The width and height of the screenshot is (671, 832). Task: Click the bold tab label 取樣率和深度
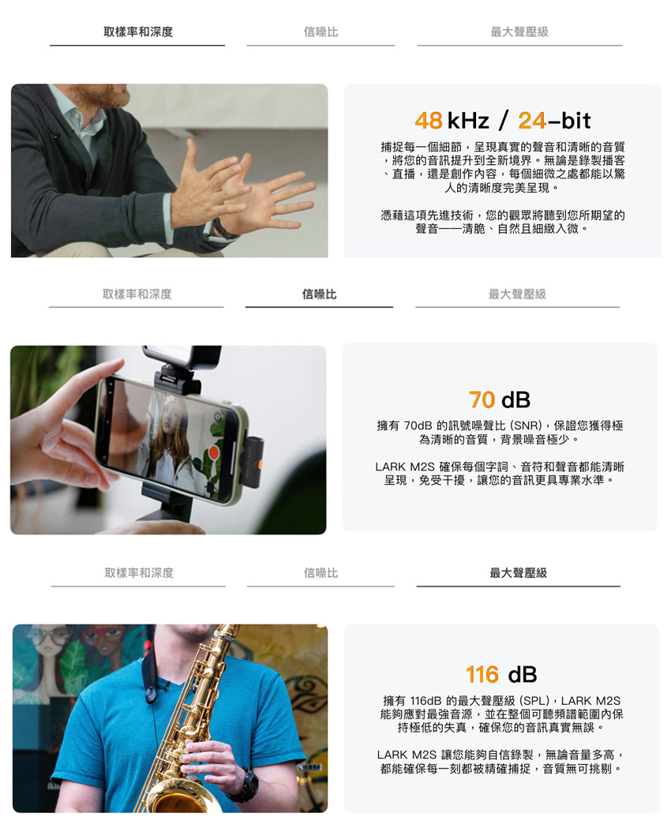(x=138, y=32)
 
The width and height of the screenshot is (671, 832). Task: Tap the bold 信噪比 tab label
(x=320, y=294)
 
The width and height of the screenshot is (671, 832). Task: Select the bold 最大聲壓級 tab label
(x=518, y=572)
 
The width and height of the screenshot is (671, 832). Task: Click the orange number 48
(x=429, y=121)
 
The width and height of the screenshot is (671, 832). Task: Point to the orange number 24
(x=532, y=121)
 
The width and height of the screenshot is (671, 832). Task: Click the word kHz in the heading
(x=468, y=121)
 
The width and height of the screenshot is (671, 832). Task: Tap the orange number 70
(x=482, y=400)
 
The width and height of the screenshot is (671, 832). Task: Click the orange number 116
(x=482, y=675)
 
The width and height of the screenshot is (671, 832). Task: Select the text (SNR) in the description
(x=527, y=425)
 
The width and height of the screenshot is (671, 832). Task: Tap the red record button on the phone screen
(x=214, y=452)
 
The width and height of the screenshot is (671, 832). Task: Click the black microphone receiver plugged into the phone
(x=253, y=461)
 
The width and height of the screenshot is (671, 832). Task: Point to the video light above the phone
(x=182, y=356)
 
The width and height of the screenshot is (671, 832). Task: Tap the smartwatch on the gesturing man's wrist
(x=223, y=229)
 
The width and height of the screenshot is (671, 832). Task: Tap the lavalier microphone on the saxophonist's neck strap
(x=153, y=692)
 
